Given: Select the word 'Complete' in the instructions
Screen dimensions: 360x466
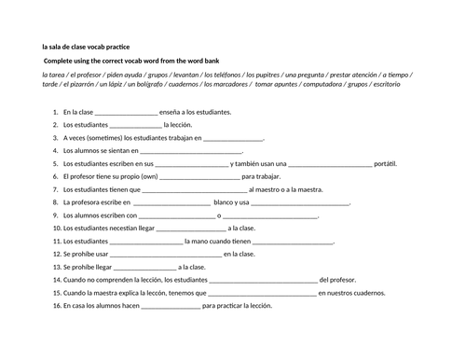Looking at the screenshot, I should (60, 60).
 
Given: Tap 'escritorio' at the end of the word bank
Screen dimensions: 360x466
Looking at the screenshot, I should (403, 85).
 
